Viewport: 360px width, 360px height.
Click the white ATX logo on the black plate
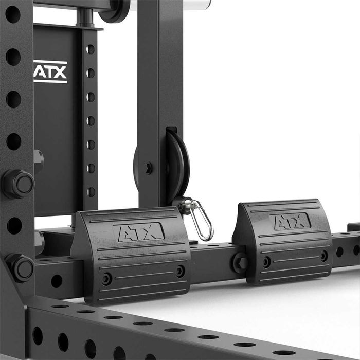[x=50, y=72]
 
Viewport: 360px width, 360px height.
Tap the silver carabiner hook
[x=201, y=220]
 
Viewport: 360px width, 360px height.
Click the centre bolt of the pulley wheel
[x=148, y=168]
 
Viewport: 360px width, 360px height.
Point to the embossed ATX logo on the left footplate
[x=139, y=232]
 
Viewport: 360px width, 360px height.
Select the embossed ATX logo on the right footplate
[x=291, y=221]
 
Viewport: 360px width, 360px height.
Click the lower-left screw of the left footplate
[x=106, y=279]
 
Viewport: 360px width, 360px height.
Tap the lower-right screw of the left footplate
[x=179, y=271]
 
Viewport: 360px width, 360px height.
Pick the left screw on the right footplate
[x=266, y=262]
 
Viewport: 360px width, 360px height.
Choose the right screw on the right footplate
[x=323, y=256]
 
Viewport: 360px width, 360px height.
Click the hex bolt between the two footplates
[x=240, y=262]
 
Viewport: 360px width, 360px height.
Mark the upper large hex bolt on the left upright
[x=18, y=184]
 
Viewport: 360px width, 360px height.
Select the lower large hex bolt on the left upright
[x=20, y=267]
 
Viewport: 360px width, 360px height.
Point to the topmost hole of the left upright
[x=13, y=14]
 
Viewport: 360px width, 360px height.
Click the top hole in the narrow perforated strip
[x=91, y=49]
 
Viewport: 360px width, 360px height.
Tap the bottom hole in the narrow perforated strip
[x=91, y=192]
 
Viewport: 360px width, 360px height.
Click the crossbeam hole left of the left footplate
[x=57, y=281]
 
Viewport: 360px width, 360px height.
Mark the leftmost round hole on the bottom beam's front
[x=38, y=336]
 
